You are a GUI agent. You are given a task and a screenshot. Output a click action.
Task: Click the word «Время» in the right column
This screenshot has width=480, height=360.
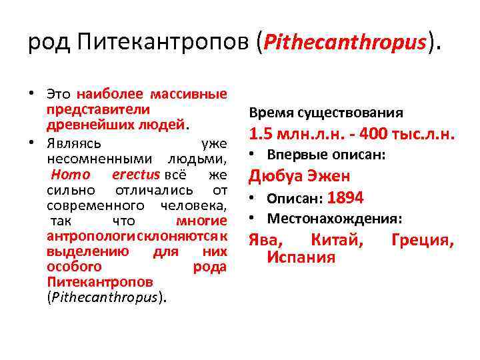[x=265, y=113]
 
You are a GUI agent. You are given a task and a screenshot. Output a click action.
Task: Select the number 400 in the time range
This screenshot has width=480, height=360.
[x=375, y=134]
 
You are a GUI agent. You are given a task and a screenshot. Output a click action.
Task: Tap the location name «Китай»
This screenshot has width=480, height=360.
[x=337, y=240]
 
